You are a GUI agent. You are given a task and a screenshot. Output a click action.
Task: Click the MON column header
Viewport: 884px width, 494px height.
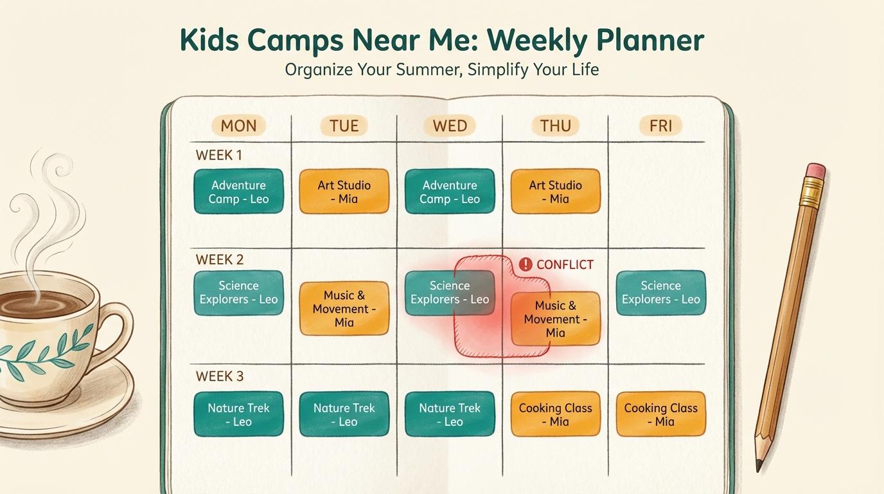[238, 125]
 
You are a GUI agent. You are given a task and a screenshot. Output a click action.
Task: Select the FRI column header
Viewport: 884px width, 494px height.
[660, 125]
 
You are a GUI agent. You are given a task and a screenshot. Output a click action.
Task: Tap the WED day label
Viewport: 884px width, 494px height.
[450, 125]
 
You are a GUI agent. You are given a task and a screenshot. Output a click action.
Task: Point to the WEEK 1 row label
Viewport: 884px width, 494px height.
[219, 155]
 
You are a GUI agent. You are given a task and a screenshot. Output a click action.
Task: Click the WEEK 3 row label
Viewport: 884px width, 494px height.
[220, 376]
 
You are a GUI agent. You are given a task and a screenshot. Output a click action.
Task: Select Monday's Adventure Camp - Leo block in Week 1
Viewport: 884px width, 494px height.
[238, 192]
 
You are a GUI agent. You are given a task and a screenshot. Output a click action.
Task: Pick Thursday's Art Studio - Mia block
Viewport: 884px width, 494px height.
[555, 192]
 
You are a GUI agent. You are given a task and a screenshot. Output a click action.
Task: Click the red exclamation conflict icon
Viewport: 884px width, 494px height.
[526, 264]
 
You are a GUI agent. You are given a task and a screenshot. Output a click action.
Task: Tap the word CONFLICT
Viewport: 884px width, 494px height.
[565, 264]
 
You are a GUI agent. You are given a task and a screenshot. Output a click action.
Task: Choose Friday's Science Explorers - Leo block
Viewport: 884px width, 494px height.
[660, 293]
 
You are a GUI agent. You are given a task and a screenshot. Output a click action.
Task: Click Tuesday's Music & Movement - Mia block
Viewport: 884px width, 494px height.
[344, 309]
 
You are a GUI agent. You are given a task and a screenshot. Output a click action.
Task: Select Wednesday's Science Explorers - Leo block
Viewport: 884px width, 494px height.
[450, 293]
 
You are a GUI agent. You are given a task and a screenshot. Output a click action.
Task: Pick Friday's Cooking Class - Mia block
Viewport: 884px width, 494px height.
[660, 414]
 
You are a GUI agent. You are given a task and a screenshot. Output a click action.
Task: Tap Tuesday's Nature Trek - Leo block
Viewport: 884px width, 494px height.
[344, 414]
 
